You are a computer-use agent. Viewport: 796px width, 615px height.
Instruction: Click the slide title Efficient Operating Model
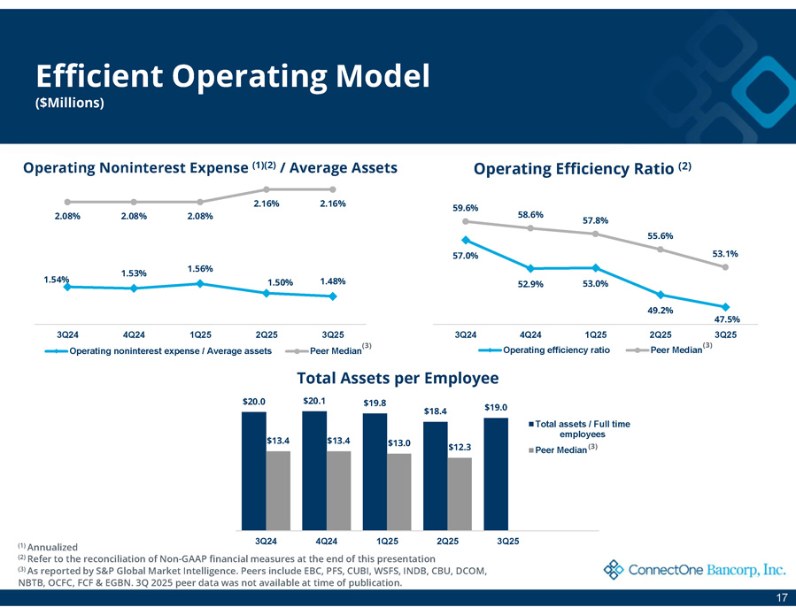232,75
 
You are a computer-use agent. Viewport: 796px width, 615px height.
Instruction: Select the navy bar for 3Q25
496,473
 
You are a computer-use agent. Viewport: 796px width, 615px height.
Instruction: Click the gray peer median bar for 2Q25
460,493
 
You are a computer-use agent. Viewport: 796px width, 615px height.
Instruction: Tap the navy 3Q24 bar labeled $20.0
254,470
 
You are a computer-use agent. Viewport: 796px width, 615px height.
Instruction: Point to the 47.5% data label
725,319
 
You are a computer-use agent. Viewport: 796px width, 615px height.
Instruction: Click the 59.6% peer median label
465,209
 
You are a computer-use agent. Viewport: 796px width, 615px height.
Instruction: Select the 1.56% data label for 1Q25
201,268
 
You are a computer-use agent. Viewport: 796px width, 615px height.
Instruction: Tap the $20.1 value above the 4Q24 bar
313,401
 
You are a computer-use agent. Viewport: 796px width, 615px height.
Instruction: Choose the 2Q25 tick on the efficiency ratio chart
660,334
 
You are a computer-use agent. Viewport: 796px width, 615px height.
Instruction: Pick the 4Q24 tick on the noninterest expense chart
134,334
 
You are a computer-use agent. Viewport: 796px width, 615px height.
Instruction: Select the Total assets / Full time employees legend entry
582,429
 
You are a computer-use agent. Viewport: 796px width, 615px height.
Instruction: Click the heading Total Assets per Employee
398,379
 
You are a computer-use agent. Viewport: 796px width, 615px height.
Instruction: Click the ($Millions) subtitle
70,104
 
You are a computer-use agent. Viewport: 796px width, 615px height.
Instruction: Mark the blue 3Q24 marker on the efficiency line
465,240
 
